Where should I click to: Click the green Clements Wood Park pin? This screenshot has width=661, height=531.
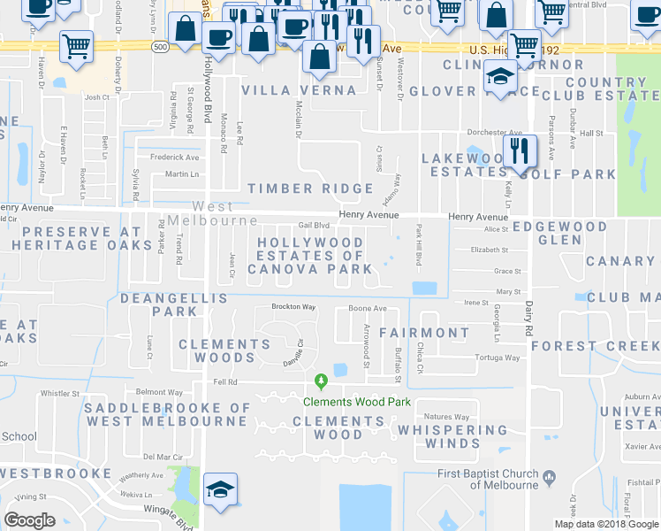tap(322, 382)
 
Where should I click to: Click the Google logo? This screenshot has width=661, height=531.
tap(30, 519)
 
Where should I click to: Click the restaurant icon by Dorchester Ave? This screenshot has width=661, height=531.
tap(520, 150)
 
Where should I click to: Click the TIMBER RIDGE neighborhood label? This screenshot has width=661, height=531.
tap(310, 189)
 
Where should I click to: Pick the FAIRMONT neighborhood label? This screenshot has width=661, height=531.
tap(424, 333)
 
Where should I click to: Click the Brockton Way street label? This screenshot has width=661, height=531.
tap(293, 307)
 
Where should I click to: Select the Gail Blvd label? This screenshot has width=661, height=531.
tap(313, 226)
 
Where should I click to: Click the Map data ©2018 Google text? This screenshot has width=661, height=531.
tap(607, 524)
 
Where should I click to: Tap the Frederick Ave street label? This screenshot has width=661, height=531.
tap(174, 157)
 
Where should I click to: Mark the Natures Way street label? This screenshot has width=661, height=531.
tap(446, 417)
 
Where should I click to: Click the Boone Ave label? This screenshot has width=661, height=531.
tap(368, 308)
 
